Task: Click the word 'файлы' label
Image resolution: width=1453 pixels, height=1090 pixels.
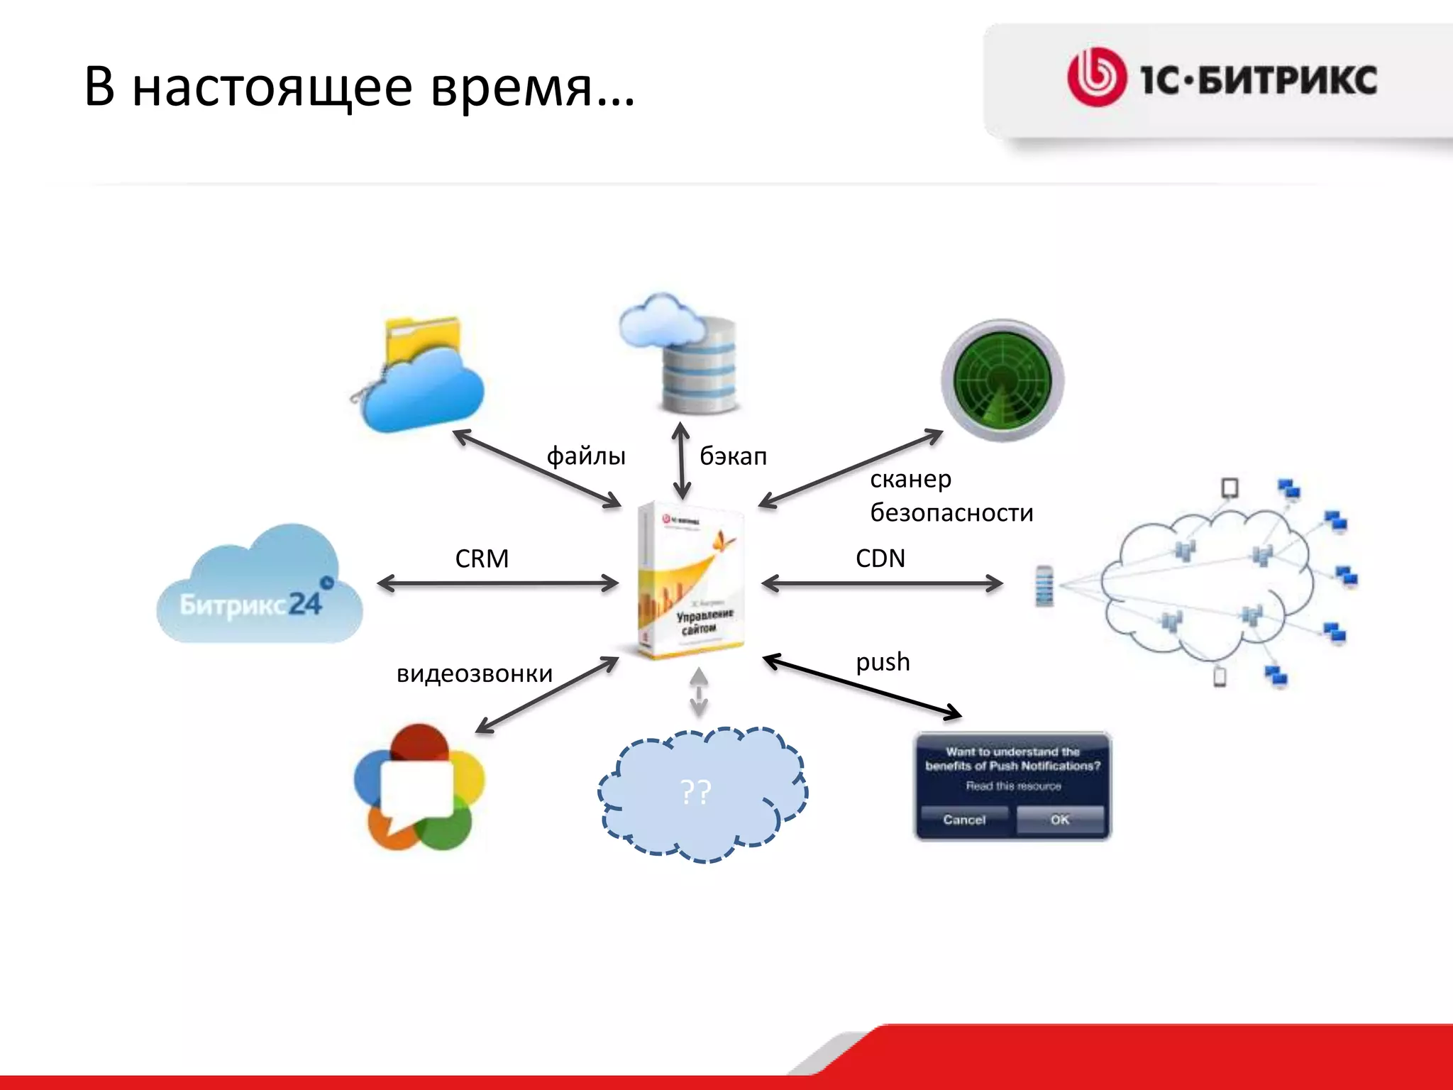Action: [586, 456]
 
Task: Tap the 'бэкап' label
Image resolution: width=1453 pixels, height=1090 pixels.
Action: [733, 456]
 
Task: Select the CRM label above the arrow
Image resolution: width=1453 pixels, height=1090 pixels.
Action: [482, 558]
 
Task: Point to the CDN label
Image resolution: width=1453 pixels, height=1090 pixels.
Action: [880, 558]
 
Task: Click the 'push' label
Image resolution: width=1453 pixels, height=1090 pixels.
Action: [883, 662]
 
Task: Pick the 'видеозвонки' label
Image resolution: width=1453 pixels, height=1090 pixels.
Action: [474, 673]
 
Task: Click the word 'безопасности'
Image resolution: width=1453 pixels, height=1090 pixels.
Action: [951, 512]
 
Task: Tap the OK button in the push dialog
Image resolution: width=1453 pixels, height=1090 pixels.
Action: [1059, 820]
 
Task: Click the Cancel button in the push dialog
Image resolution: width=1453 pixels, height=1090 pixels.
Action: [964, 820]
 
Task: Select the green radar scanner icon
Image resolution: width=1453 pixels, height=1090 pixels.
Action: [1002, 380]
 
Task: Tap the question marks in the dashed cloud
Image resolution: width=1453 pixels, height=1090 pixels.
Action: [695, 791]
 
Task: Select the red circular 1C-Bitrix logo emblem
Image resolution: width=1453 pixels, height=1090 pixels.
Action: [1096, 78]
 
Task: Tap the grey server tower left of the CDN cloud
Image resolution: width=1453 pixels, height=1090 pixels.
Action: [1044, 585]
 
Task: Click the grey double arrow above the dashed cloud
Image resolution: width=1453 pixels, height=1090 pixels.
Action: [699, 691]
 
